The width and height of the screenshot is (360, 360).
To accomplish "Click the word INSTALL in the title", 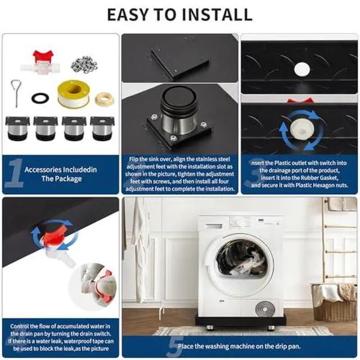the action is coord(217,15).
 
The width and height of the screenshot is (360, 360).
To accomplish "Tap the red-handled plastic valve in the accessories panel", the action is coord(41,62).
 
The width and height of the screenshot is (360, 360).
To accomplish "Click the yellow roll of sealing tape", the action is coord(74,94).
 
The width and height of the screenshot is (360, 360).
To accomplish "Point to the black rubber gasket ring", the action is coord(40,98).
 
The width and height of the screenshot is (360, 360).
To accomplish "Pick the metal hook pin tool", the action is coord(16,92).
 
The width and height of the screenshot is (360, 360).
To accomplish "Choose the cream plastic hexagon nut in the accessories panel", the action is coord(105,98).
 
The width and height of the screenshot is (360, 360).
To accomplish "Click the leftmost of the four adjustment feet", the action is coord(17,128).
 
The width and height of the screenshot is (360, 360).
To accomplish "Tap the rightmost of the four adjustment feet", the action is coord(102,128).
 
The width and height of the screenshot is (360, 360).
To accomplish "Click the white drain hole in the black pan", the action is coord(302,69).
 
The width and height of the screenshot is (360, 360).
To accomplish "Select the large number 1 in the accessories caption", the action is coord(15,173).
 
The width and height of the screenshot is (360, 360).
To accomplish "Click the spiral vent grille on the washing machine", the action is coord(265,309).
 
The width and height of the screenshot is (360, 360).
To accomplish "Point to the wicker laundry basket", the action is coord(335,302).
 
